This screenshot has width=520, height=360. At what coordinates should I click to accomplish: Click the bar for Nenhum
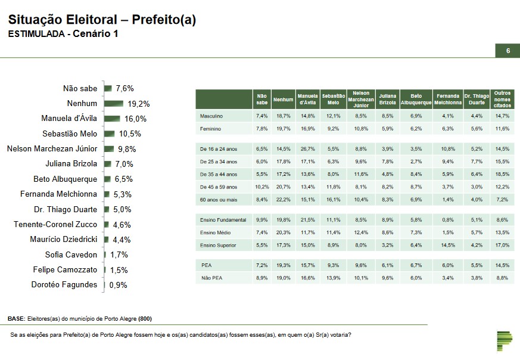(114, 103)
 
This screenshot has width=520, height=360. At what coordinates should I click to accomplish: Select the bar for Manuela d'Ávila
(112, 119)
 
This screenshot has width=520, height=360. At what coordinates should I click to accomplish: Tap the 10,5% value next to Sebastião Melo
(128, 134)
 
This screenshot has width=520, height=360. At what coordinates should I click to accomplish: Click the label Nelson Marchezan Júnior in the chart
(52, 149)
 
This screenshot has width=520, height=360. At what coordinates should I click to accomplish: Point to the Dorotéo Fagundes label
(64, 285)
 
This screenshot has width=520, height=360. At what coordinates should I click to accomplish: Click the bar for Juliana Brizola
(108, 164)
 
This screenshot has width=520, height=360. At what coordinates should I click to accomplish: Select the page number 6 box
(507, 51)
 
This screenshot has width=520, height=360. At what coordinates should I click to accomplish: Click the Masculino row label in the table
(211, 115)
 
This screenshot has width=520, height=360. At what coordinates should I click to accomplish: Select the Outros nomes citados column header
(502, 99)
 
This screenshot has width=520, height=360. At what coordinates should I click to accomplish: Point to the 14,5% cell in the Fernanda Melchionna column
(449, 245)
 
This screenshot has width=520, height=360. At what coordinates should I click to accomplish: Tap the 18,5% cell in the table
(502, 174)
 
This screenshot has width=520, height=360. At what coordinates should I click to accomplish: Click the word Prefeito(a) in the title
(164, 20)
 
